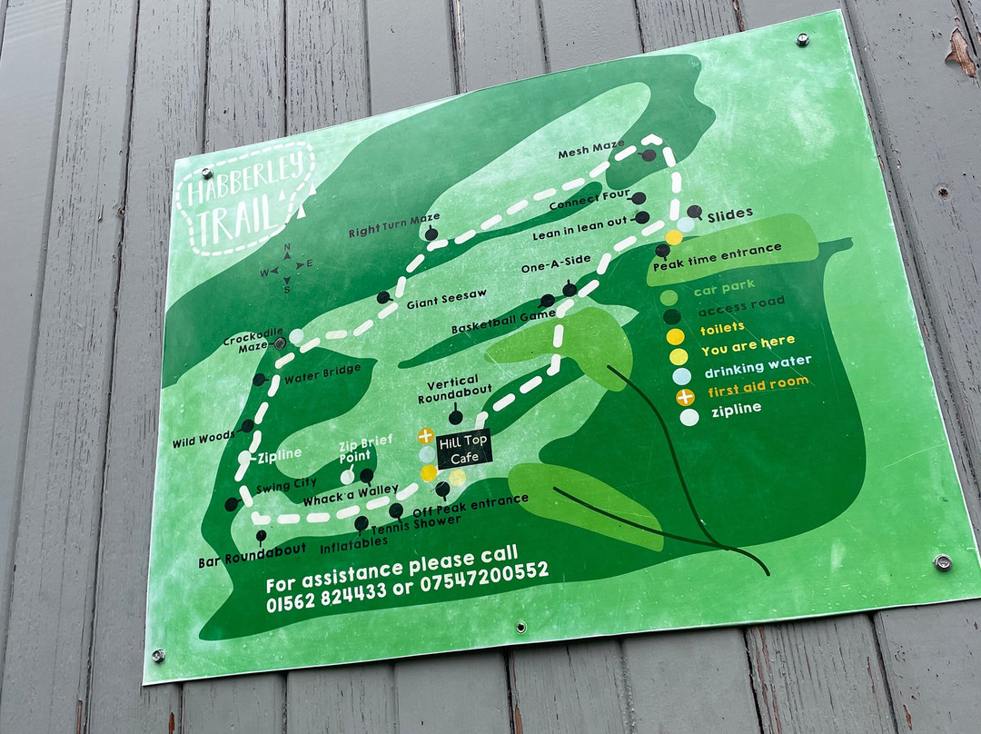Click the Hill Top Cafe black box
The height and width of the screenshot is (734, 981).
(x=464, y=449)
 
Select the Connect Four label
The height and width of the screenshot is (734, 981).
(x=588, y=205)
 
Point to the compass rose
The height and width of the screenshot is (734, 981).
(x=287, y=268)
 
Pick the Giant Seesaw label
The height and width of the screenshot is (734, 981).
(x=434, y=293)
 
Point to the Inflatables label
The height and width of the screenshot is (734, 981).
(x=353, y=542)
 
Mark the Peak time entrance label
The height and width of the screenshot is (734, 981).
(x=717, y=253)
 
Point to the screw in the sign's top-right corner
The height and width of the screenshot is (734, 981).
(x=802, y=39)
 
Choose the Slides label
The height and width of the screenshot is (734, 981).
(x=729, y=214)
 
